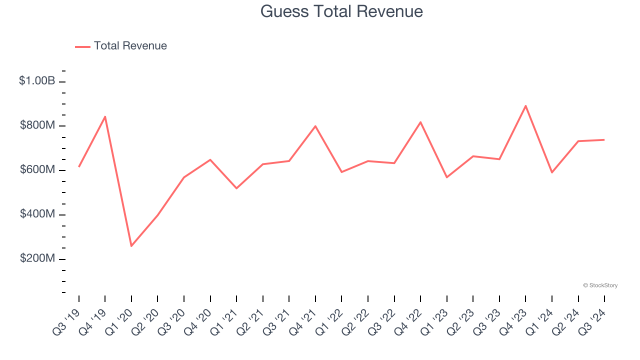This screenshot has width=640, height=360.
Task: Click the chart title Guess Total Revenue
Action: (x=341, y=11)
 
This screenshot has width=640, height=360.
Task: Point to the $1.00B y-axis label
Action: (x=37, y=80)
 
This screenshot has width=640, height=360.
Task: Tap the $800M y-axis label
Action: (x=37, y=125)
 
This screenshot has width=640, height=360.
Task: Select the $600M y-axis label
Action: (x=37, y=169)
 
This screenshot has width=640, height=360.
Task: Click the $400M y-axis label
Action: (x=37, y=214)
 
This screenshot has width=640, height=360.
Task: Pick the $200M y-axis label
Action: (x=37, y=258)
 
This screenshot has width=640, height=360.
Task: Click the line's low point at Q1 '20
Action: (x=131, y=246)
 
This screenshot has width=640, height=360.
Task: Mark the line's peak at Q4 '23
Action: (x=525, y=105)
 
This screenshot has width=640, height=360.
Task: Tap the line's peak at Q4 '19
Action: (x=105, y=116)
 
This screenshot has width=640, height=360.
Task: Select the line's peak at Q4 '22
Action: (x=420, y=122)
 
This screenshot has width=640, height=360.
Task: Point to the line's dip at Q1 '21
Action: (x=236, y=188)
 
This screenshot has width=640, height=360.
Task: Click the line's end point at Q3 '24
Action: (x=604, y=139)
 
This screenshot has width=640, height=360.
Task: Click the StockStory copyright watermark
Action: (x=600, y=285)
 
